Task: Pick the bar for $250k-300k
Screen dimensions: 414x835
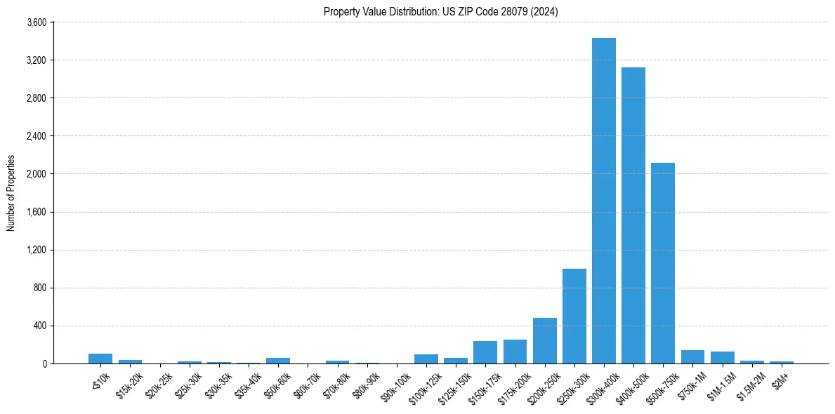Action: point(574,316)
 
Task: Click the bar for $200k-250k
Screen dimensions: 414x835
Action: point(544,341)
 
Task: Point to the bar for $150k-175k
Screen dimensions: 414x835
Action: point(485,352)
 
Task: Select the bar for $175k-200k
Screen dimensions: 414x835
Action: point(515,352)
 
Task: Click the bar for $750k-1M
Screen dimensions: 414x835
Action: point(692,356)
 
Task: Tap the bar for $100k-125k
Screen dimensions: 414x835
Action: point(426,359)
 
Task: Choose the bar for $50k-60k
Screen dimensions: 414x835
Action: point(278,361)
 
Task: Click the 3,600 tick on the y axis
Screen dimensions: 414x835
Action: point(37,22)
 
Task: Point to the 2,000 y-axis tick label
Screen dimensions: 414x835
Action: point(37,174)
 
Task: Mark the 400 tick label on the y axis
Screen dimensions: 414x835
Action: point(39,326)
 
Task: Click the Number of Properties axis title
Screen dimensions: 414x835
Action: point(11,193)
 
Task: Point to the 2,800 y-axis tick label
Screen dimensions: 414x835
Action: point(37,98)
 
